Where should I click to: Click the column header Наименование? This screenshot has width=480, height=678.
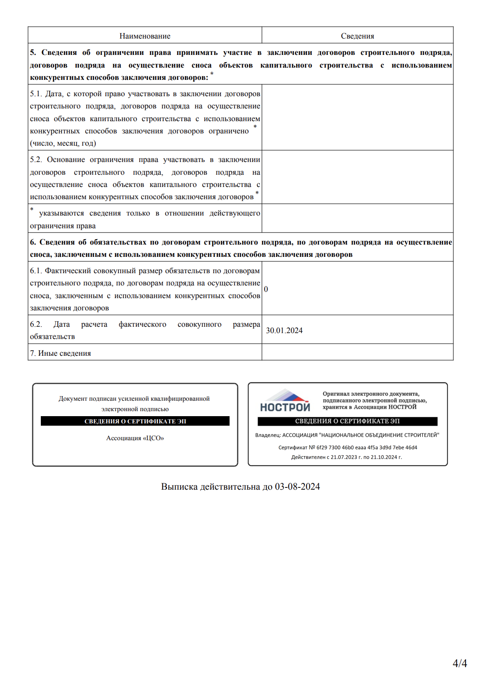pos(145,36)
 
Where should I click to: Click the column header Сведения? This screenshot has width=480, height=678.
pos(358,36)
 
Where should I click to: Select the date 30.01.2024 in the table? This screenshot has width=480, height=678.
pos(284,330)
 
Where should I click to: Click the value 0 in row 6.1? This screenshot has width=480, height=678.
pos(266,289)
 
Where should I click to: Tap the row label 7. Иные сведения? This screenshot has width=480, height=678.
pos(60,353)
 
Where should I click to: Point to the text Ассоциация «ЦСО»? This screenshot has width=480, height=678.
pos(135,438)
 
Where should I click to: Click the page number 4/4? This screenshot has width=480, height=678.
pos(460,663)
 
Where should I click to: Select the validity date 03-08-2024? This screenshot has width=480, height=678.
pos(297,486)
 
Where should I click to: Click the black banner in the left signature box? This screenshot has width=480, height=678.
pos(135,421)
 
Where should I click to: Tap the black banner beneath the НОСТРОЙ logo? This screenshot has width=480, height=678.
pos(348,421)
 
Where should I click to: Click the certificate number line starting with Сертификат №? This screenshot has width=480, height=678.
pos(348,447)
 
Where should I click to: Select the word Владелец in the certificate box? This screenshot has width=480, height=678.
pos(268,435)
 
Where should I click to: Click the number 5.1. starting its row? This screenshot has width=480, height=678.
pos(36,94)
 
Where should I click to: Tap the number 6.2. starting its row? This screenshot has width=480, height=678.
pos(36,324)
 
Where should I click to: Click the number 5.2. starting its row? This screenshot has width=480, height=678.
pos(36,160)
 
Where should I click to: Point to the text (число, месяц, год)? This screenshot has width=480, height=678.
pos(63,143)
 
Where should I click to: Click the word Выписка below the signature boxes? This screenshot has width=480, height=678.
pos(179,486)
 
